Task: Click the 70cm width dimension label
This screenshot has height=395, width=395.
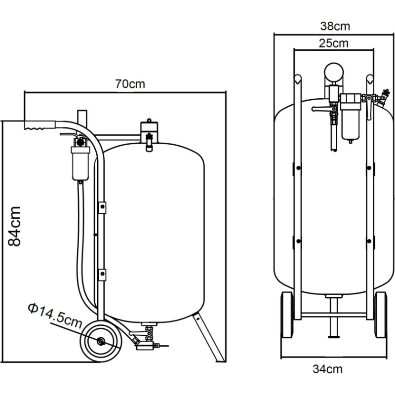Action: (x=130, y=84)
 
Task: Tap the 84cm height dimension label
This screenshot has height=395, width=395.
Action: (x=14, y=226)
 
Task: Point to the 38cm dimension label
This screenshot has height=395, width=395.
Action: (x=335, y=26)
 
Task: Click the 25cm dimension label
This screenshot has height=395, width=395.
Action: (x=334, y=43)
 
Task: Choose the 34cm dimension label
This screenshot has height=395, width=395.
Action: (x=328, y=369)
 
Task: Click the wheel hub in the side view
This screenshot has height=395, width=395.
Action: (x=102, y=341)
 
